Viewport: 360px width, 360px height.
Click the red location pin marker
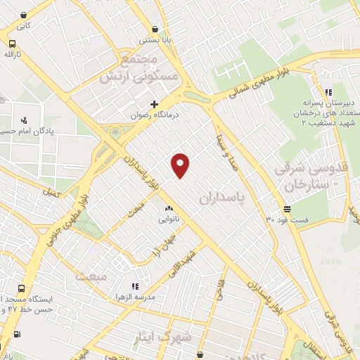pyautogui.click(x=181, y=165)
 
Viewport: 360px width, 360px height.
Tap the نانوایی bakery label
pyautogui.click(x=169, y=219)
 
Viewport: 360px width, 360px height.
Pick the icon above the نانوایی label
pyautogui.click(x=168, y=209)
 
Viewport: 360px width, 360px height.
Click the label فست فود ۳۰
pyautogui.click(x=287, y=219)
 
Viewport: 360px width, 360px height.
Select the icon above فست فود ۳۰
pyautogui.click(x=287, y=209)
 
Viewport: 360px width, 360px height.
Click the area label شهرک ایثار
pyautogui.click(x=164, y=338)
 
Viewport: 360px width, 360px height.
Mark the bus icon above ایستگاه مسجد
pyautogui.click(x=21, y=288)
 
